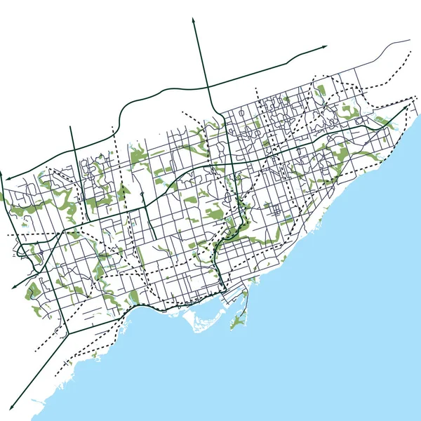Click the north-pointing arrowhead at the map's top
point(193,20)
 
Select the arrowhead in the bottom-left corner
point(12,408)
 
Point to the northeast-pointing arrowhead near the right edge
point(411,103)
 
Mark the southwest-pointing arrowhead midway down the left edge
point(13,288)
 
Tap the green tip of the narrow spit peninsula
point(234,324)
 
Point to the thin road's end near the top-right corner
point(410,40)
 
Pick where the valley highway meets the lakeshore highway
point(221,288)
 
